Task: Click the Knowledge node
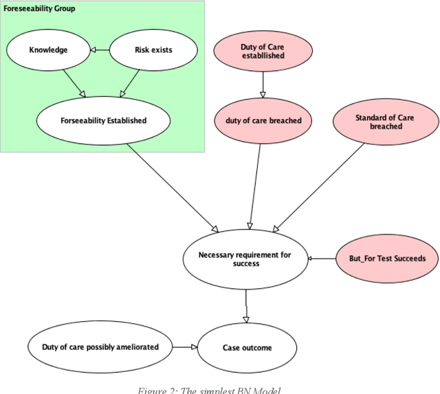tap(48, 50)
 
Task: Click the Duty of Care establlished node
tap(263, 52)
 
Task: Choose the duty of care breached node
tap(263, 120)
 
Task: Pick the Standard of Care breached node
tap(384, 122)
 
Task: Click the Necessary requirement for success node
tap(245, 259)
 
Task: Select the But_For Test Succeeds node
tap(387, 259)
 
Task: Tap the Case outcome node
tap(247, 347)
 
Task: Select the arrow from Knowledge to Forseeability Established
tap(71, 83)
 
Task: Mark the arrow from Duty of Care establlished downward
tap(263, 86)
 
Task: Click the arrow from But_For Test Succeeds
tap(321, 259)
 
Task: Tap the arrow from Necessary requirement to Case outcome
tap(246, 305)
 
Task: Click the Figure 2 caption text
tap(209, 390)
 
